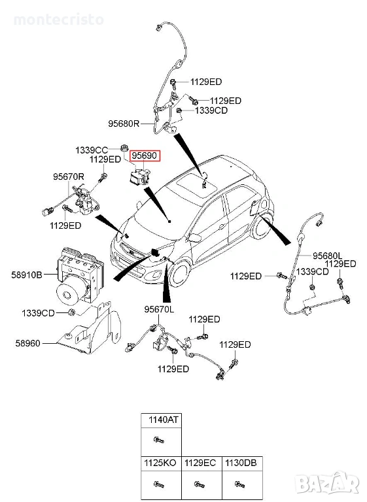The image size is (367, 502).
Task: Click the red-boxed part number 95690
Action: (145, 156)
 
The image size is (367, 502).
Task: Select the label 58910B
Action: (27, 275)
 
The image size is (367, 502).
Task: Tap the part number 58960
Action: (28, 344)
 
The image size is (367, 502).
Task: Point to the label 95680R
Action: (124, 124)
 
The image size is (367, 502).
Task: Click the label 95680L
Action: (328, 256)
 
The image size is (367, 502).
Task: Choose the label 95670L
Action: (160, 310)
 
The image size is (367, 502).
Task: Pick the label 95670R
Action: (69, 176)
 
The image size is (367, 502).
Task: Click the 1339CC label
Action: (92, 150)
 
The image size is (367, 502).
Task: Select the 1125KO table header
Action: (160, 463)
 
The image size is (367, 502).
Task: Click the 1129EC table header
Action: (201, 463)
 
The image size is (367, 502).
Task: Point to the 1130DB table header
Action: (241, 463)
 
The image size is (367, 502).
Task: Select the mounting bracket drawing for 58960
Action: (89, 328)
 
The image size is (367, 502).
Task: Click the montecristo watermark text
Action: (59, 20)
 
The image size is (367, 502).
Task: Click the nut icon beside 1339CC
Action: (124, 148)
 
